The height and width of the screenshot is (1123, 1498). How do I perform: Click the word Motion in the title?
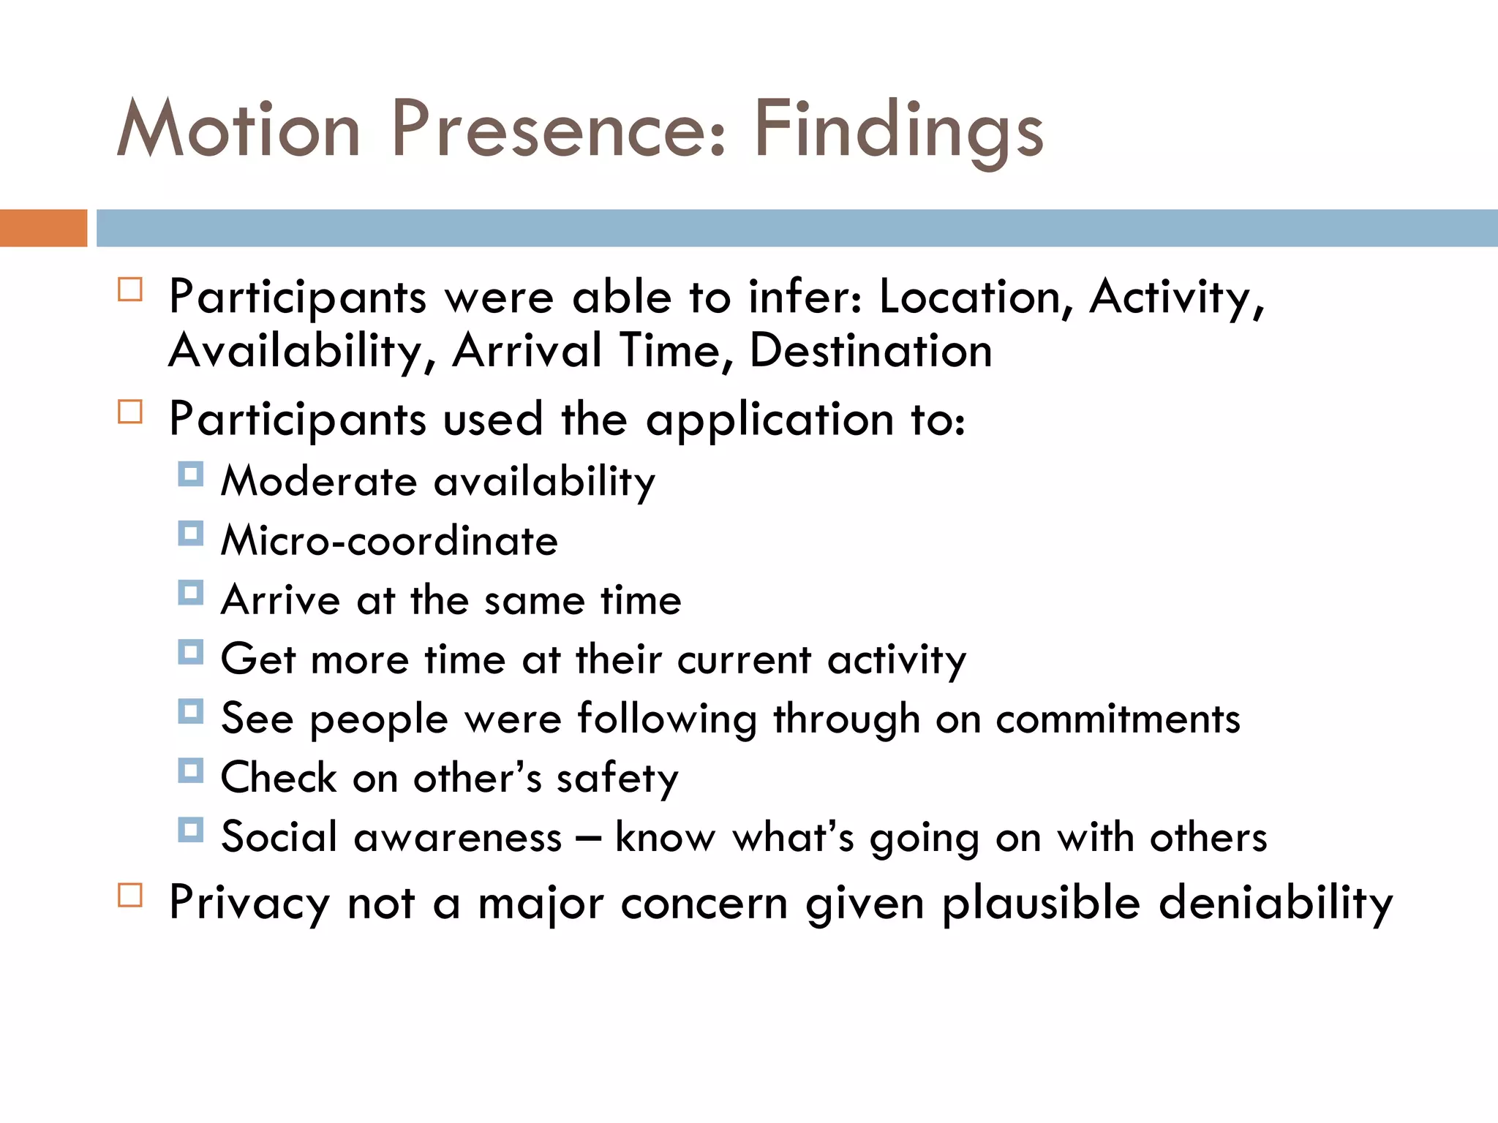[x=238, y=129]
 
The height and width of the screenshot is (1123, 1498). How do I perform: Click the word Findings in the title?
[x=898, y=129]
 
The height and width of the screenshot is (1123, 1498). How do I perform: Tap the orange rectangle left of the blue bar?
[x=43, y=228]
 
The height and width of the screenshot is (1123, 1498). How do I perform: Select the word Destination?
[x=870, y=351]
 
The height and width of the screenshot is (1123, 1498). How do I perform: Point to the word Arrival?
[x=527, y=351]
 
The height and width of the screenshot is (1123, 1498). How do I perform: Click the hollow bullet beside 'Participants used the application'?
[x=130, y=412]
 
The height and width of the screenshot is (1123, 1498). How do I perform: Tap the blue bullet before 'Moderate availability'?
[x=190, y=474]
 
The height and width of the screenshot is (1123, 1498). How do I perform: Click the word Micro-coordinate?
[x=389, y=541]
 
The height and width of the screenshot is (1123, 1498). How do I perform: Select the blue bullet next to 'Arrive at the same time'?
[x=190, y=592]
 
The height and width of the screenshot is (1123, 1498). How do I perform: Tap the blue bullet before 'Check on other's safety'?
[x=190, y=771]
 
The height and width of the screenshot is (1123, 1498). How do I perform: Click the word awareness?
[x=458, y=837]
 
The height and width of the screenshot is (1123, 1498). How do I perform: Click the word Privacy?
[x=249, y=903]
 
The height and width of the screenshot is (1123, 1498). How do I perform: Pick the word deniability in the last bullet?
[x=1276, y=903]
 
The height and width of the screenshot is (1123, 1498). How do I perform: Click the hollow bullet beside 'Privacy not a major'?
[x=130, y=895]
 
